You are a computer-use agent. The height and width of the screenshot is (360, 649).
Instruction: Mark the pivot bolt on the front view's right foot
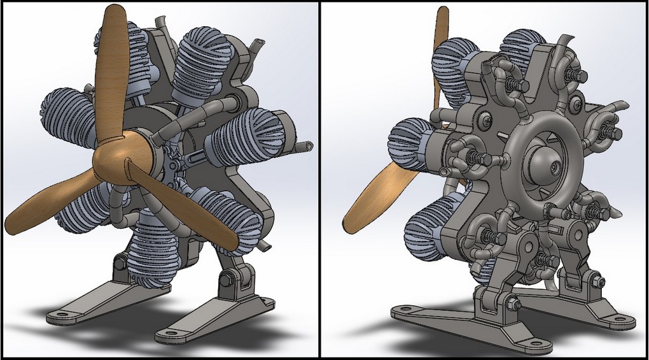(x=228, y=279)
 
